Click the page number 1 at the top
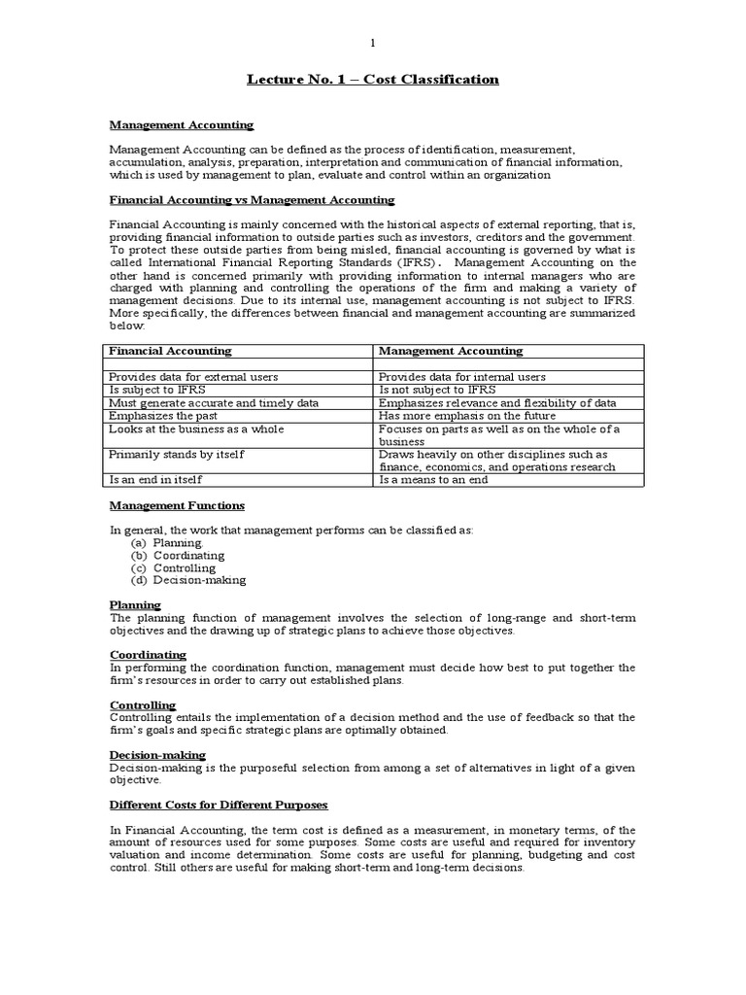click(372, 43)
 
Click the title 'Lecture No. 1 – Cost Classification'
click(372, 79)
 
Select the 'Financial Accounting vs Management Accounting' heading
click(252, 199)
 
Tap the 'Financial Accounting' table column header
click(170, 351)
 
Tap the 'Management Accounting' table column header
click(451, 351)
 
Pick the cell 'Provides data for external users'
click(194, 377)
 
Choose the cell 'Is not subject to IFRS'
click(437, 390)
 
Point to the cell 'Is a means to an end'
click(434, 479)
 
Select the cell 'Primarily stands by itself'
click(177, 454)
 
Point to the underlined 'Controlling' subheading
click(143, 704)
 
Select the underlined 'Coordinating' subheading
click(148, 655)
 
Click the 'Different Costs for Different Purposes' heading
click(219, 805)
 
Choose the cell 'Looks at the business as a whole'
click(196, 429)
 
